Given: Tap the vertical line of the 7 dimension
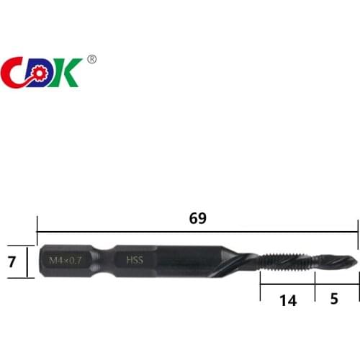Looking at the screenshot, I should click(27, 261).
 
